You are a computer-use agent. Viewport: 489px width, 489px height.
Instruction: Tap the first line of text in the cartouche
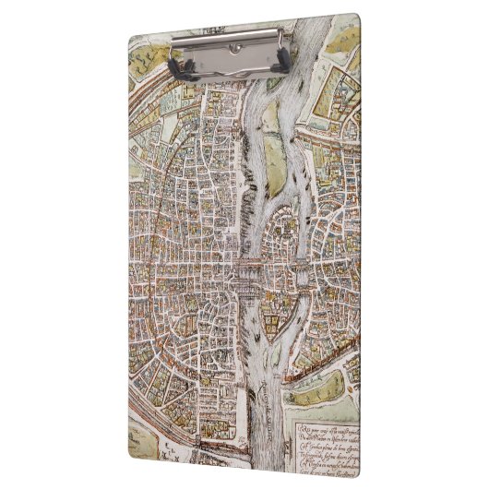point(324,421)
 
